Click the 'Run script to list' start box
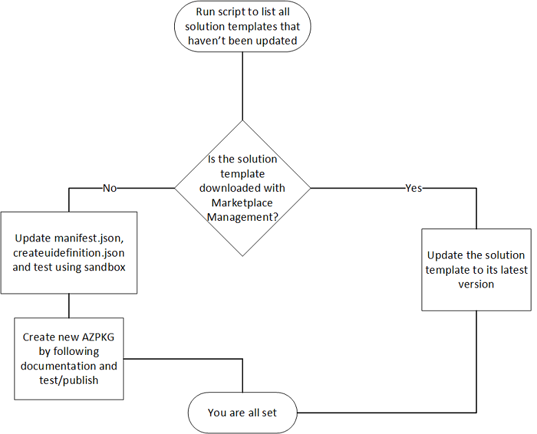point(242,27)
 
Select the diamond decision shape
point(242,187)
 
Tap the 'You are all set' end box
point(242,413)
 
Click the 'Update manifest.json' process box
point(69,253)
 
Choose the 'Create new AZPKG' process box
point(69,358)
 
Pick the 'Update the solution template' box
point(476,269)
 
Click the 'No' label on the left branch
point(109,188)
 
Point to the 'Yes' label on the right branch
point(414,188)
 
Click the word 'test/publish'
point(69,379)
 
